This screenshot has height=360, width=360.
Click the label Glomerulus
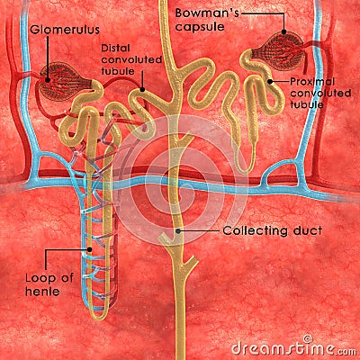coord(65,30)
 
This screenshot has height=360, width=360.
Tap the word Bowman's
coord(207,13)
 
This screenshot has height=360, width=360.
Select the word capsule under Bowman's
coord(200,27)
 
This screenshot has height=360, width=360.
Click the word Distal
coord(115,48)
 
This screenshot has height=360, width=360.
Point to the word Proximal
coord(312,82)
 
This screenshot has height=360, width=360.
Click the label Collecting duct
coord(273,230)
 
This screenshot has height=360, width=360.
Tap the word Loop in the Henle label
coord(40,278)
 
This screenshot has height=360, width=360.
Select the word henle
coord(42,292)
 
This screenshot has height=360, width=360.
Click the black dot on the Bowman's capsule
coord(284,31)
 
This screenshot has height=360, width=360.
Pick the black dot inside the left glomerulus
coord(48,80)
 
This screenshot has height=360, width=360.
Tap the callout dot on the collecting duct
coord(178,231)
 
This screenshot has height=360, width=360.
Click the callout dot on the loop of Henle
coord(89,249)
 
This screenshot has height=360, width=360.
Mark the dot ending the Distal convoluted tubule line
coord(142,89)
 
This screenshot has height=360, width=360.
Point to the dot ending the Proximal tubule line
coord(270,81)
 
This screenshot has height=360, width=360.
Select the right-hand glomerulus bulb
coord(278,51)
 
